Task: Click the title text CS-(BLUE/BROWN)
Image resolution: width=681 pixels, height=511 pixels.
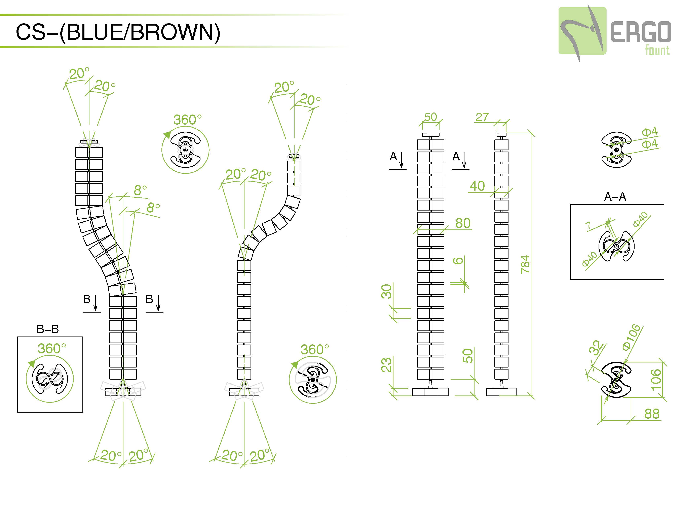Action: click(x=118, y=32)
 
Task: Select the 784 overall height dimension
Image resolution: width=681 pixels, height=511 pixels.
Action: click(x=525, y=264)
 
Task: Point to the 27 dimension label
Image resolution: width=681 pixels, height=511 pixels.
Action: click(x=482, y=117)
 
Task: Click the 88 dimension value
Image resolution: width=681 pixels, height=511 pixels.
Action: click(x=652, y=414)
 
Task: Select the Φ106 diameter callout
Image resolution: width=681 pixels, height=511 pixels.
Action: click(x=631, y=337)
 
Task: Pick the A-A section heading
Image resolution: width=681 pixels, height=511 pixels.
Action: click(x=615, y=197)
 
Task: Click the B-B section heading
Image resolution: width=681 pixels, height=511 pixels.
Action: click(x=48, y=329)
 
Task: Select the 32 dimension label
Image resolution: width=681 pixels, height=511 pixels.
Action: click(x=596, y=348)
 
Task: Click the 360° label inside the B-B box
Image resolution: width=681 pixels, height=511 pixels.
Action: click(x=52, y=349)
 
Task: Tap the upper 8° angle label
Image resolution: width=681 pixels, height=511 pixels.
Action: click(x=140, y=190)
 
